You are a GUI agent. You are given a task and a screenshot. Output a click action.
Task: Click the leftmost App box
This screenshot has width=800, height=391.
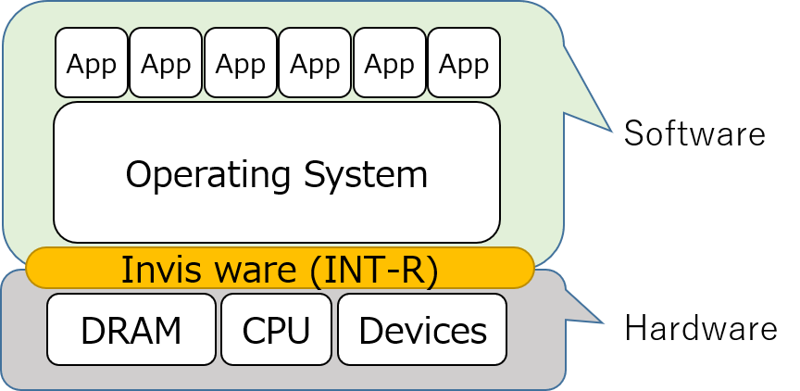coord(92,63)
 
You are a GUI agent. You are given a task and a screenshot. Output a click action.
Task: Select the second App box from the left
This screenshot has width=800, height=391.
coord(166,63)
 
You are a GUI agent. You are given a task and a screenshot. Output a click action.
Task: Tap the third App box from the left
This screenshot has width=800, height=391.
coord(241,63)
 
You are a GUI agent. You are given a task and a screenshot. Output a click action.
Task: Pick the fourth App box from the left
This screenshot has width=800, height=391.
coord(315,63)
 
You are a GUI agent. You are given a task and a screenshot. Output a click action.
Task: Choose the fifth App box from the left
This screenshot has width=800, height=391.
coord(390,63)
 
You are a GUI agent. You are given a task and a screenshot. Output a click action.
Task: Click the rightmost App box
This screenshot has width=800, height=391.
coord(464,63)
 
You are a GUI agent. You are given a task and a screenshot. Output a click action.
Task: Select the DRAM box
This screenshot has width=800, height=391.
coord(131,330)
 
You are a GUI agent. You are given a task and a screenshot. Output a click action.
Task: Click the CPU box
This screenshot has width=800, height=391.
coord(276,330)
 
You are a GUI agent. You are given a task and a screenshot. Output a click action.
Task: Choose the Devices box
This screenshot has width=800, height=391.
coord(422,330)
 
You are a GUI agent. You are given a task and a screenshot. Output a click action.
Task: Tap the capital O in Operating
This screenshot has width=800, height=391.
coord(137,175)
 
